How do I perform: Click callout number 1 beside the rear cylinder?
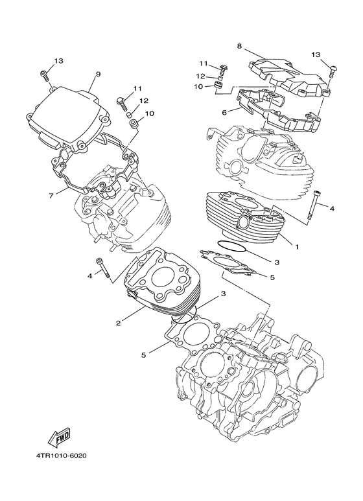click(x=297, y=247)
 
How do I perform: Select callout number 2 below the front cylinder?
click(x=118, y=322)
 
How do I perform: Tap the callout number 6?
click(x=225, y=112)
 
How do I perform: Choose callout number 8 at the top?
click(x=239, y=47)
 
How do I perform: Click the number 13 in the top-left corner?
click(x=58, y=60)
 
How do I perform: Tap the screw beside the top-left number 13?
click(x=44, y=75)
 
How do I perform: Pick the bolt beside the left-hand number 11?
click(x=121, y=100)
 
